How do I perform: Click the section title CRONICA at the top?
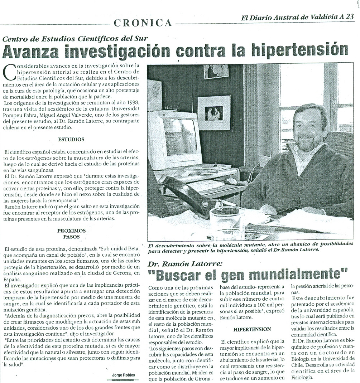pyautogui.click(x=143, y=23)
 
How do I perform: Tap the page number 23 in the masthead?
pyautogui.click(x=350, y=16)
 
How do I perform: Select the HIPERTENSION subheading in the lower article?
pyautogui.click(x=252, y=329)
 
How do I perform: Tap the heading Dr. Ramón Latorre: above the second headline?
pyautogui.click(x=185, y=264)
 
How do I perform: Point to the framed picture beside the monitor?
pyautogui.click(x=214, y=112)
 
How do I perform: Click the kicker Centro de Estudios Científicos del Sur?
pyautogui.click(x=75, y=38)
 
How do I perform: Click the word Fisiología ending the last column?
pyautogui.click(x=303, y=377)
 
